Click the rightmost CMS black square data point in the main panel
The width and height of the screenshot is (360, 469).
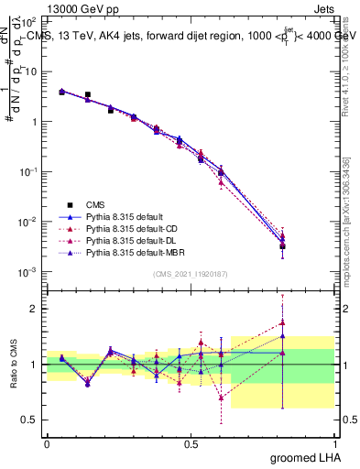tap(283, 245)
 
